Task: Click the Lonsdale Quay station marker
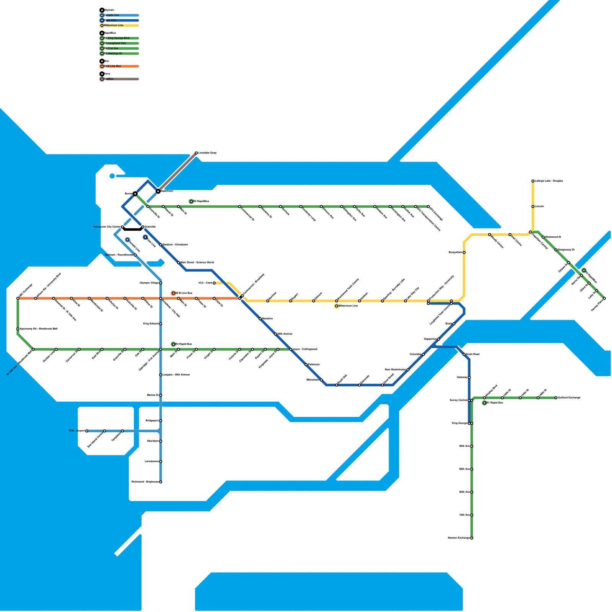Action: click(x=196, y=153)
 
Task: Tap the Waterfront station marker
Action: click(x=158, y=191)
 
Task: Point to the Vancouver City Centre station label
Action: click(x=107, y=227)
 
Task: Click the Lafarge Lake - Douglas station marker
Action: click(x=533, y=181)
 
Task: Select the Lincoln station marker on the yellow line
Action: click(x=533, y=207)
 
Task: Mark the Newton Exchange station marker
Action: click(x=472, y=538)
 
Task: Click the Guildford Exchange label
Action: click(x=569, y=398)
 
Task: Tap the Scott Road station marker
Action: click(x=464, y=355)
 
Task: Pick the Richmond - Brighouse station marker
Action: click(x=161, y=482)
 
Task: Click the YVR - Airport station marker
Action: click(x=87, y=431)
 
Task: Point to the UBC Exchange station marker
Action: click(x=18, y=298)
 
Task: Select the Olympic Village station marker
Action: click(x=161, y=283)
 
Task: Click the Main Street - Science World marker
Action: click(x=179, y=263)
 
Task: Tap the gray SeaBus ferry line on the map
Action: click(x=178, y=171)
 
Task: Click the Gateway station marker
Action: click(x=469, y=378)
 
